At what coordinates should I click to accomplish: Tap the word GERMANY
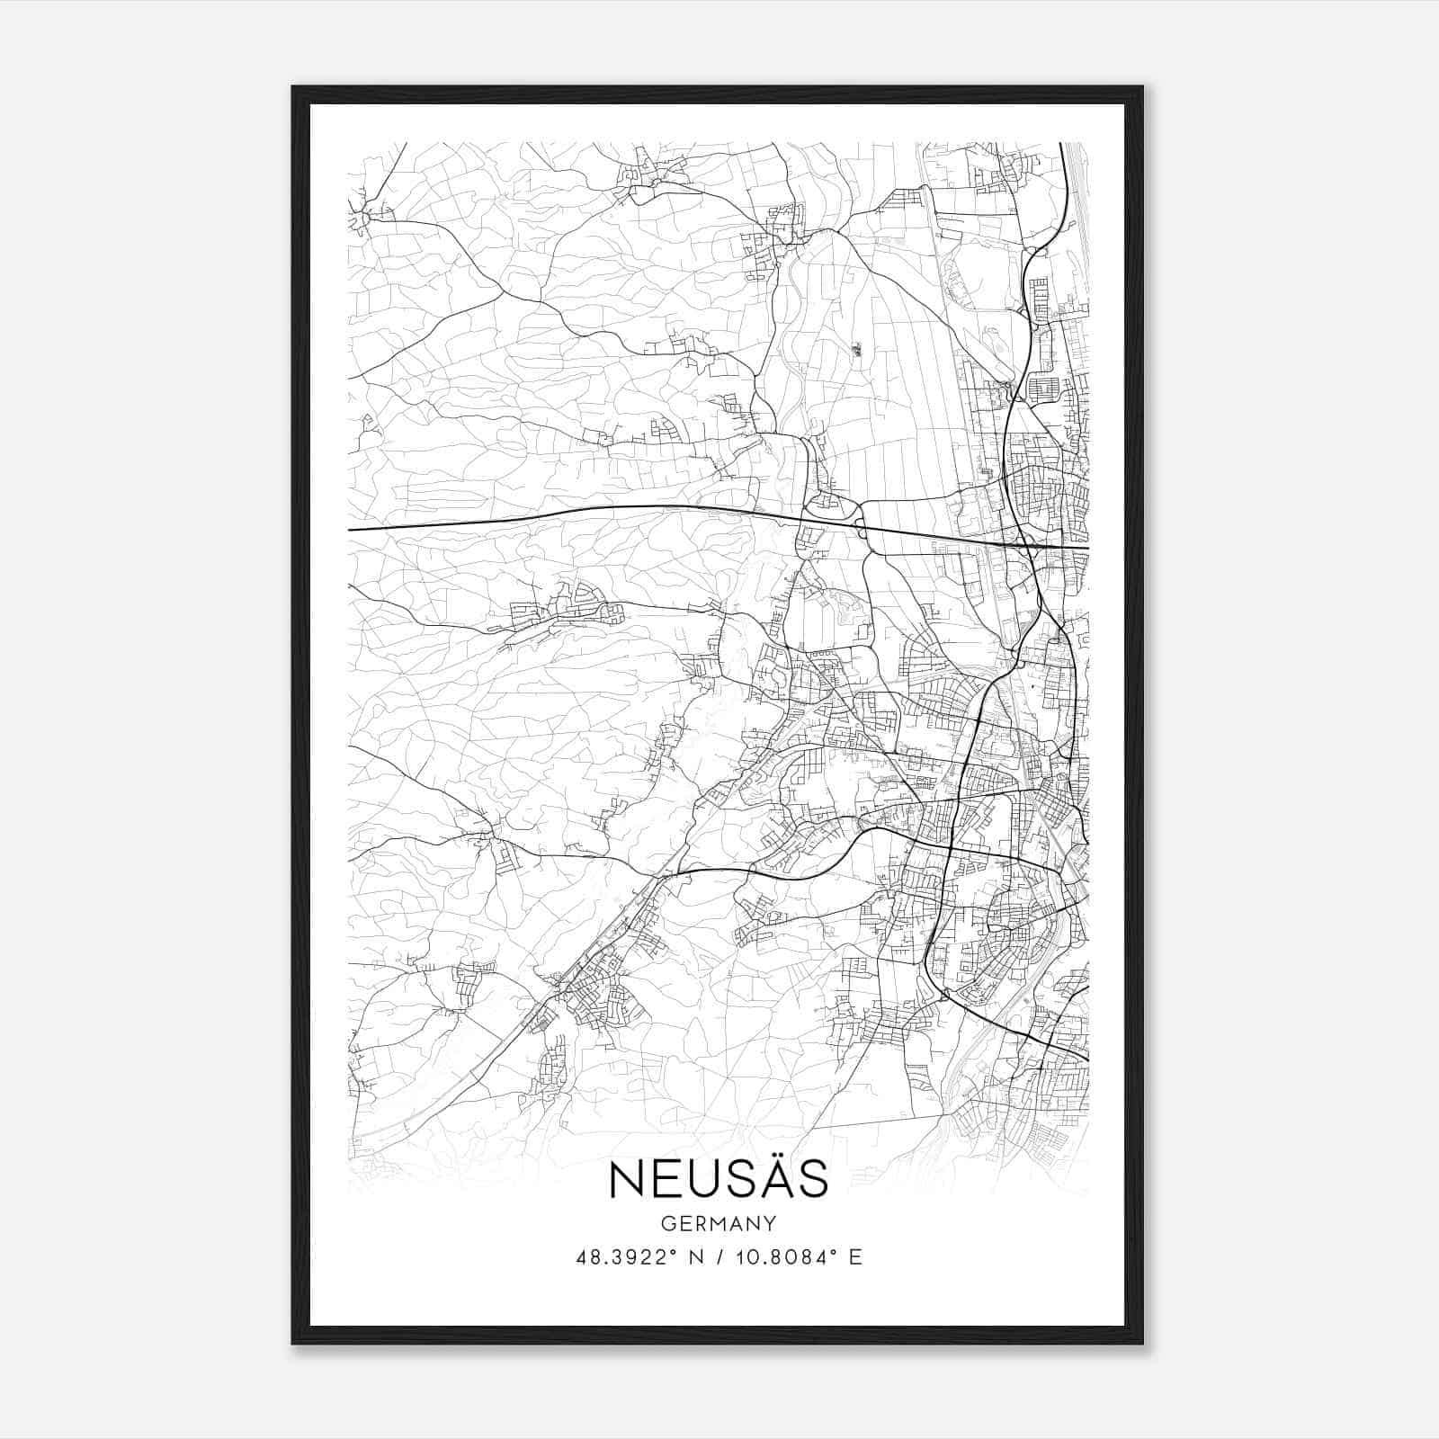719,1223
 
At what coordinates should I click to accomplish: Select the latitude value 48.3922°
626,1257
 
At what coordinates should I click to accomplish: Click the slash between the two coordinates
714,1257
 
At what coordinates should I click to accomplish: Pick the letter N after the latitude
693,1257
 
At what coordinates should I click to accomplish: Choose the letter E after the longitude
855,1257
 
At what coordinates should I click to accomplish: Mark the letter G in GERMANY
666,1223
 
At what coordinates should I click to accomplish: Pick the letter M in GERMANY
718,1223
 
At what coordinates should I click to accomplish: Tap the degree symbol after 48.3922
672,1252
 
